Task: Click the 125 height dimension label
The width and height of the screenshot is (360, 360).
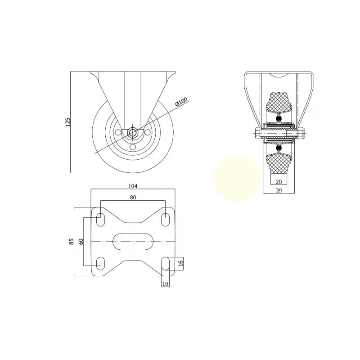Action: (x=67, y=122)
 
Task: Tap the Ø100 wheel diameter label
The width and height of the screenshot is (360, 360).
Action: (x=181, y=102)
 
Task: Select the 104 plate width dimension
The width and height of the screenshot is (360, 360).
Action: (x=133, y=186)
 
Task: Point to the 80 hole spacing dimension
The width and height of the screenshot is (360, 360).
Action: (x=133, y=197)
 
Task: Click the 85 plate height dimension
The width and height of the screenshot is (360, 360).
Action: (x=72, y=241)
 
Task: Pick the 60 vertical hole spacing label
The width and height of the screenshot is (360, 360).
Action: (x=81, y=242)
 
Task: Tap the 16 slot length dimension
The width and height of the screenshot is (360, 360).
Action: (x=180, y=263)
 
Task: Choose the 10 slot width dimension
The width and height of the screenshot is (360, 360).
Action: (x=165, y=284)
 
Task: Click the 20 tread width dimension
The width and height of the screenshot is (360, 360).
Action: (x=279, y=182)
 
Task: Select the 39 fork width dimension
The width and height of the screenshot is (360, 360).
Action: (x=279, y=190)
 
